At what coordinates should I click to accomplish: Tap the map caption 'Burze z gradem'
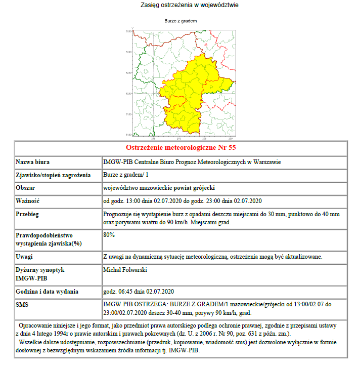pyautogui.click(x=181, y=21)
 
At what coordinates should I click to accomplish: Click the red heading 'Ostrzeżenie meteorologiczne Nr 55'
pyautogui.click(x=181, y=148)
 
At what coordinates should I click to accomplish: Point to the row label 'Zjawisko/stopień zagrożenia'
pyautogui.click(x=53, y=175)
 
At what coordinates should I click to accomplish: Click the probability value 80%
pyautogui.click(x=109, y=235)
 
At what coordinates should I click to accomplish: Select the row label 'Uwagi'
pyautogui.click(x=25, y=257)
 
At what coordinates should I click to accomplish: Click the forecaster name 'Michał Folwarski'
pyautogui.click(x=125, y=270)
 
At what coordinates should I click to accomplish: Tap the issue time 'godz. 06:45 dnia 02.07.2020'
pyautogui.click(x=139, y=292)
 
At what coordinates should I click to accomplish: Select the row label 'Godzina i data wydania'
pyautogui.click(x=47, y=292)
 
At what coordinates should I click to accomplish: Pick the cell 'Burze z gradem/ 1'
pyautogui.click(x=125, y=175)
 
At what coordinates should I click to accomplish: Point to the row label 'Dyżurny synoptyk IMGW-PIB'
pyautogui.click(x=39, y=274)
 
